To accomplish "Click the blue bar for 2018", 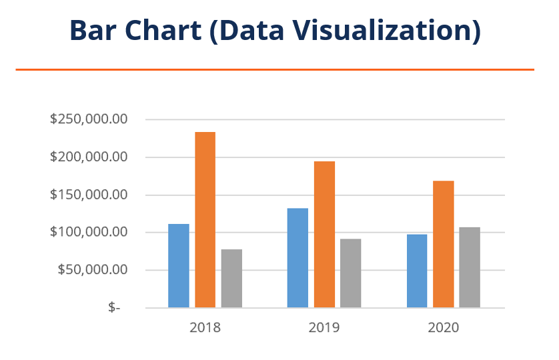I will coord(178,266).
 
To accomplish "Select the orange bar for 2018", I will coord(205,220).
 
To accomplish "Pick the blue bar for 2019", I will coord(298,258).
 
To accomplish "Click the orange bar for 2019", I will coord(324,235).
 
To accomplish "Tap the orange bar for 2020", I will coord(444,244).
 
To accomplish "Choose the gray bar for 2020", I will coord(470,267).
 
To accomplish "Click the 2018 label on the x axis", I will coord(205,327).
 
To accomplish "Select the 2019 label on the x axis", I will coord(324,327).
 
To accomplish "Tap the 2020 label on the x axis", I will coord(444,327).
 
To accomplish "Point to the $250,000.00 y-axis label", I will coord(89,120).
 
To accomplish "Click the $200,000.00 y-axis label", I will coord(89,157).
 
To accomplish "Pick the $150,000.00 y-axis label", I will coord(89,195).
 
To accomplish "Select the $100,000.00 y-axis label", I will coord(89,233).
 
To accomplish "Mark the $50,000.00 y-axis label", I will coord(92,270).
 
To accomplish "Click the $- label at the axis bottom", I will coord(114,307).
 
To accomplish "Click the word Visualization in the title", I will coord(390,31).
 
